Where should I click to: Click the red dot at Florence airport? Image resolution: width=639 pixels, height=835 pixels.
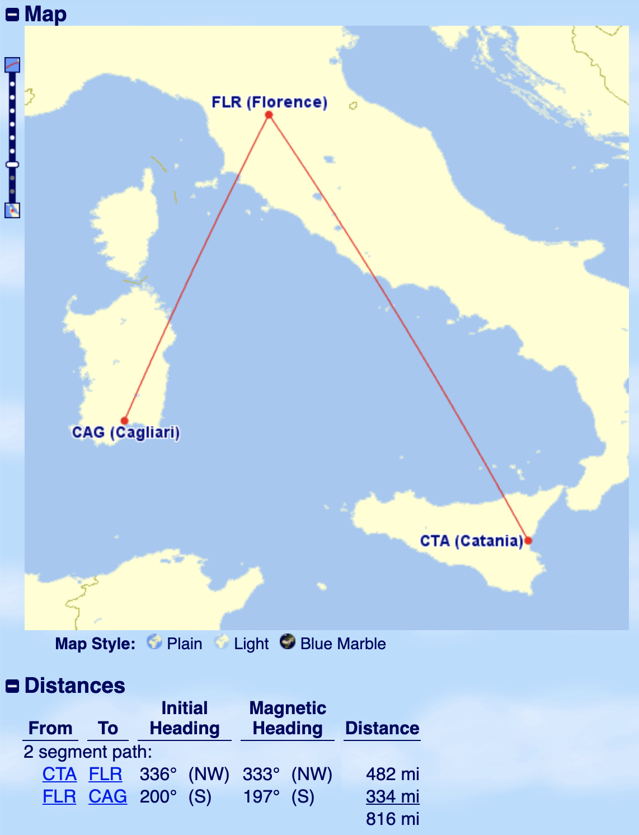pos(269,115)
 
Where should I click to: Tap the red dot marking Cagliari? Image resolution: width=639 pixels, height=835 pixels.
pos(125,420)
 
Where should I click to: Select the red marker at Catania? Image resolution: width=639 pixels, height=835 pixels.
pos(528,540)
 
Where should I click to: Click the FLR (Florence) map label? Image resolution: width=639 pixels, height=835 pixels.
pos(269,102)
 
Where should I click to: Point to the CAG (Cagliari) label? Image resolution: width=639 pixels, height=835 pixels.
pos(126,433)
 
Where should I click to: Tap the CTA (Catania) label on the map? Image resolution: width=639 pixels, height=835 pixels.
pos(471,541)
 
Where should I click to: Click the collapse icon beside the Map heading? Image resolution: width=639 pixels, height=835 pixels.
pos(12,15)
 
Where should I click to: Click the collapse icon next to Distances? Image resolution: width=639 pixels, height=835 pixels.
pos(12,686)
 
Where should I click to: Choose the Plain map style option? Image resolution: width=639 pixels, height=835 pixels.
pos(175,643)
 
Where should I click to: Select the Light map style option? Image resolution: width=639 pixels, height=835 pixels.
pos(243,643)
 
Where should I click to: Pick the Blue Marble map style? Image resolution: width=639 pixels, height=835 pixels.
pos(333,643)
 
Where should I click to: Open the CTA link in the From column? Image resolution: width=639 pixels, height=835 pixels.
pos(59,774)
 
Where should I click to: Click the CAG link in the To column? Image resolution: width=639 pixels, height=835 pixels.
pos(107,796)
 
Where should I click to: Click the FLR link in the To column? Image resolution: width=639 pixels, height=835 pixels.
pos(105,774)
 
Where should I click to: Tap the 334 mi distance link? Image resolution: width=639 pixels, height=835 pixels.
pos(392,796)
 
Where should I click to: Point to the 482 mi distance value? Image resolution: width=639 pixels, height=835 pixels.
pos(392,774)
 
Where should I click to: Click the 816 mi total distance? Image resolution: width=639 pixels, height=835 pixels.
pos(392,819)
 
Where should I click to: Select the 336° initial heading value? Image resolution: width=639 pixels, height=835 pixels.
pos(158,774)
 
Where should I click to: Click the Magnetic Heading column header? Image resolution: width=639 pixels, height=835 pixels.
pos(288,718)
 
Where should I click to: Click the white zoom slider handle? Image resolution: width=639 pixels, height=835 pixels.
pos(12,165)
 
